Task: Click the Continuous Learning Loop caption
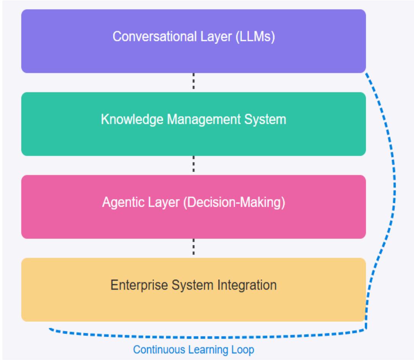coord(193,349)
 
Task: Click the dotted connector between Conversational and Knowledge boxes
coord(194,82)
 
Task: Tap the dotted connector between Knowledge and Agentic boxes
coord(194,165)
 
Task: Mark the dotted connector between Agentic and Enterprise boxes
coord(194,248)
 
